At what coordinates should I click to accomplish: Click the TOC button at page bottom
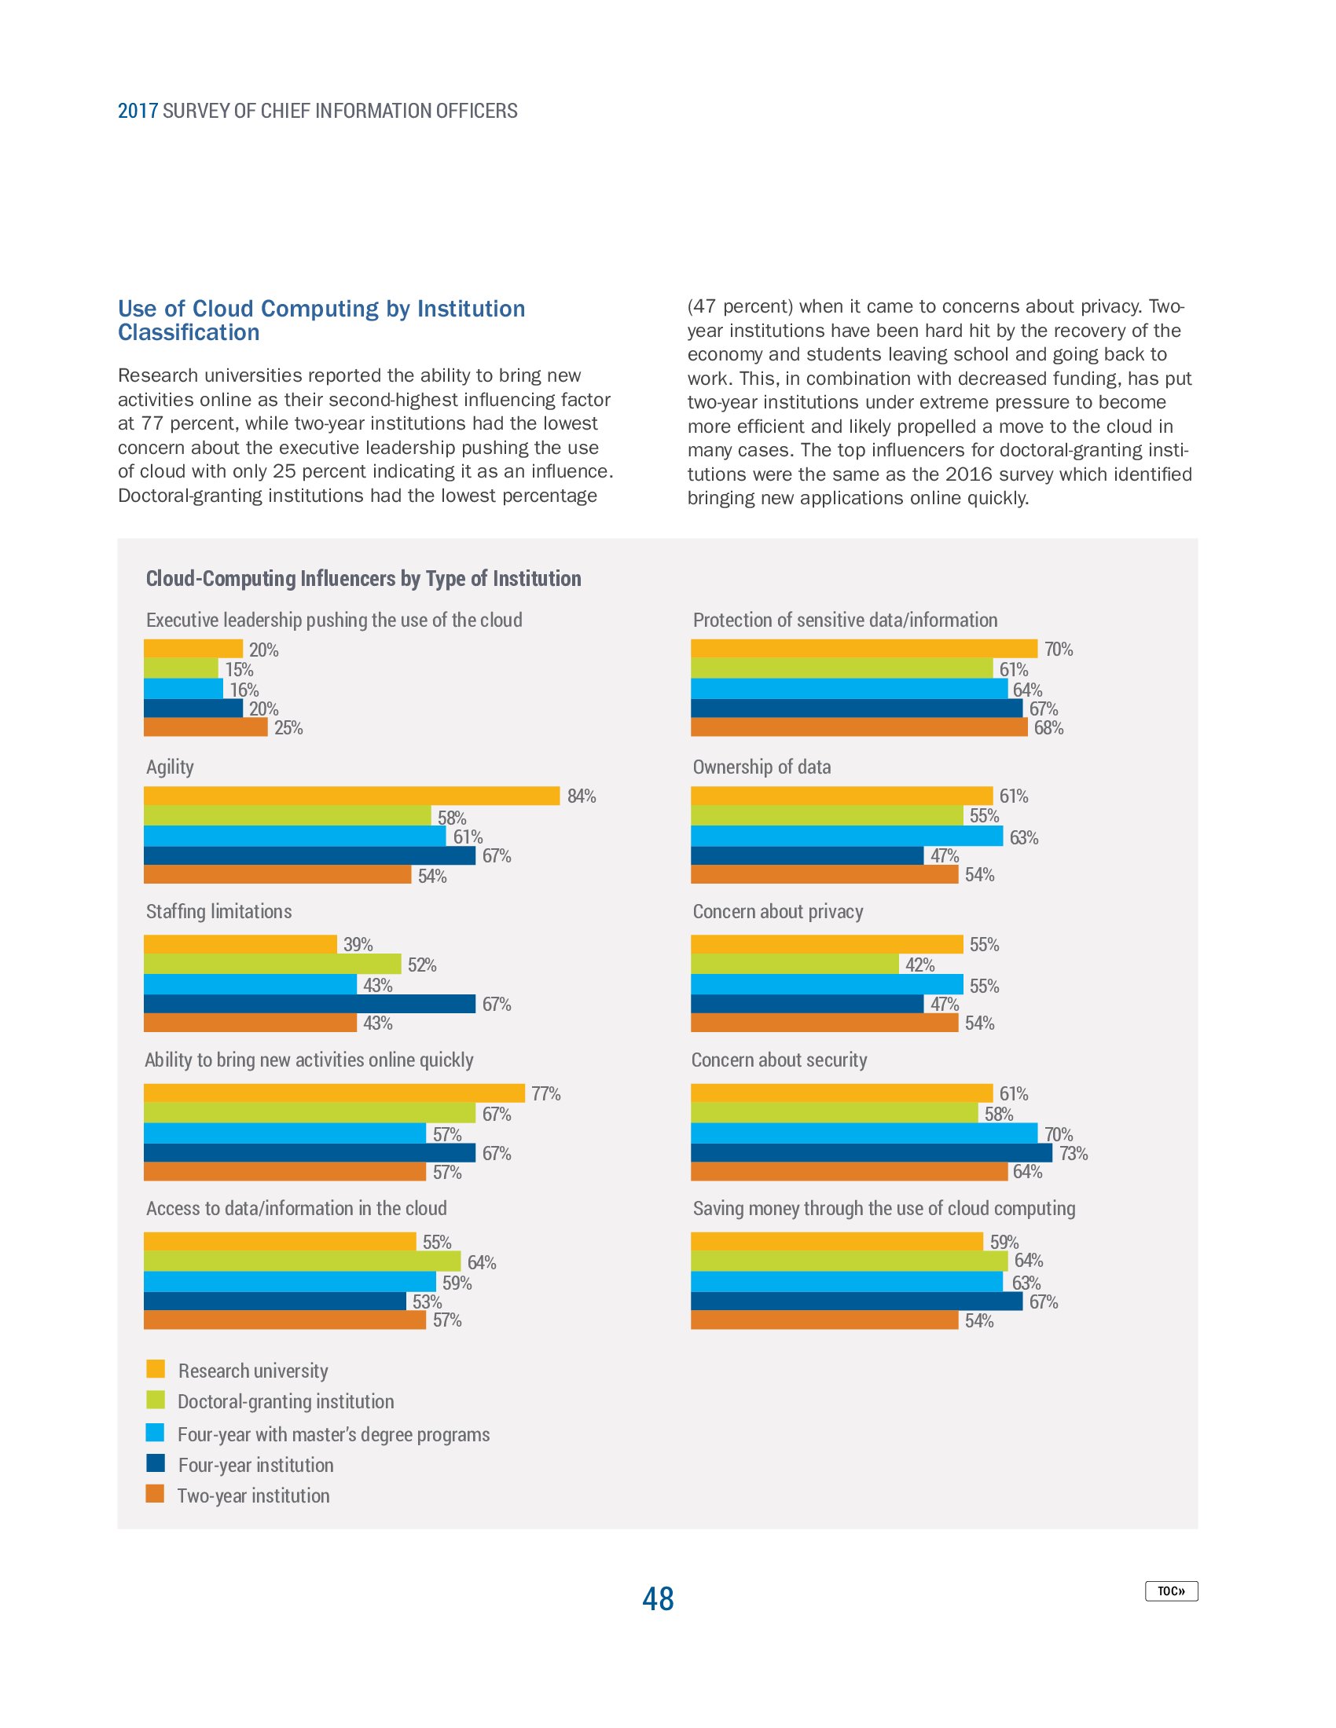(x=1171, y=1591)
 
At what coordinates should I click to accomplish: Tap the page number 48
(x=658, y=1598)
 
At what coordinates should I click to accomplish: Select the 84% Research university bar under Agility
(x=351, y=796)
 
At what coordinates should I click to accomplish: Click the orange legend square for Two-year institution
(x=155, y=1494)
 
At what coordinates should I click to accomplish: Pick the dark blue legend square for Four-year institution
(x=155, y=1463)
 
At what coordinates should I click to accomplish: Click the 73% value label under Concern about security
(x=1074, y=1154)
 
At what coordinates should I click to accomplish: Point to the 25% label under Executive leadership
(x=288, y=728)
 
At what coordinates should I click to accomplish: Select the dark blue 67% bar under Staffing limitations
(x=310, y=1004)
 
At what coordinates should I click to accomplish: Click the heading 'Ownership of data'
(x=762, y=767)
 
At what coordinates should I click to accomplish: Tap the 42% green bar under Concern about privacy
(x=795, y=964)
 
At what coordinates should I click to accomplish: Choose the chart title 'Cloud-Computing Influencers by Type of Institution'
(x=363, y=578)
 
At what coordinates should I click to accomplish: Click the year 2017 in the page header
(x=138, y=111)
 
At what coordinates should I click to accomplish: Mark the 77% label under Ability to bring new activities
(x=545, y=1093)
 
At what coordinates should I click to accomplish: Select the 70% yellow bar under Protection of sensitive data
(x=864, y=649)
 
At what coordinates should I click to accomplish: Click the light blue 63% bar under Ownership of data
(x=846, y=837)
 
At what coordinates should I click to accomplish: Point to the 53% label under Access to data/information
(x=427, y=1301)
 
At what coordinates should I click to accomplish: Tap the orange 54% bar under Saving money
(x=824, y=1320)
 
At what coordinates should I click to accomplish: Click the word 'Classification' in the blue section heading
(x=189, y=332)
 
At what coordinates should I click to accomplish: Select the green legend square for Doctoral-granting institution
(x=155, y=1400)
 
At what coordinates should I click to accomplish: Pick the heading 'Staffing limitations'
(x=218, y=911)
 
